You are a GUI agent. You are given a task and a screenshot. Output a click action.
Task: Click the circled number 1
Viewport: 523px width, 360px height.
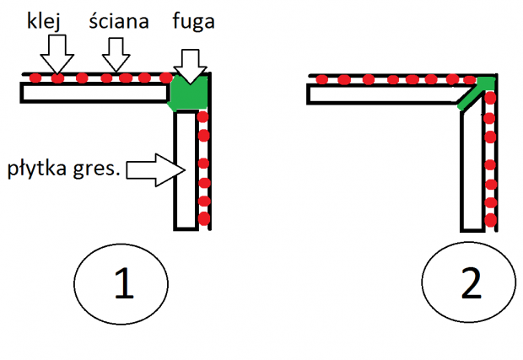click(x=124, y=286)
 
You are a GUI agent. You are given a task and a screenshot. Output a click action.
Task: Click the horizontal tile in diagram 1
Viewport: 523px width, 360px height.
click(x=93, y=92)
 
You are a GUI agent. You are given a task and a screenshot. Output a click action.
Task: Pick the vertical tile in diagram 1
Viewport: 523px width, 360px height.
click(x=185, y=169)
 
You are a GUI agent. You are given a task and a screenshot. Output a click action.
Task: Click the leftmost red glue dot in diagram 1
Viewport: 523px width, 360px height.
click(x=35, y=78)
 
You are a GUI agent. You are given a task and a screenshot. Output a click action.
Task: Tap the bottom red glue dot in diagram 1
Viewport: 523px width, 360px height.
click(x=203, y=219)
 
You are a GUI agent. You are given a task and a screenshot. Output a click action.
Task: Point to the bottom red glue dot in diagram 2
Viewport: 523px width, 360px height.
click(x=490, y=221)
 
